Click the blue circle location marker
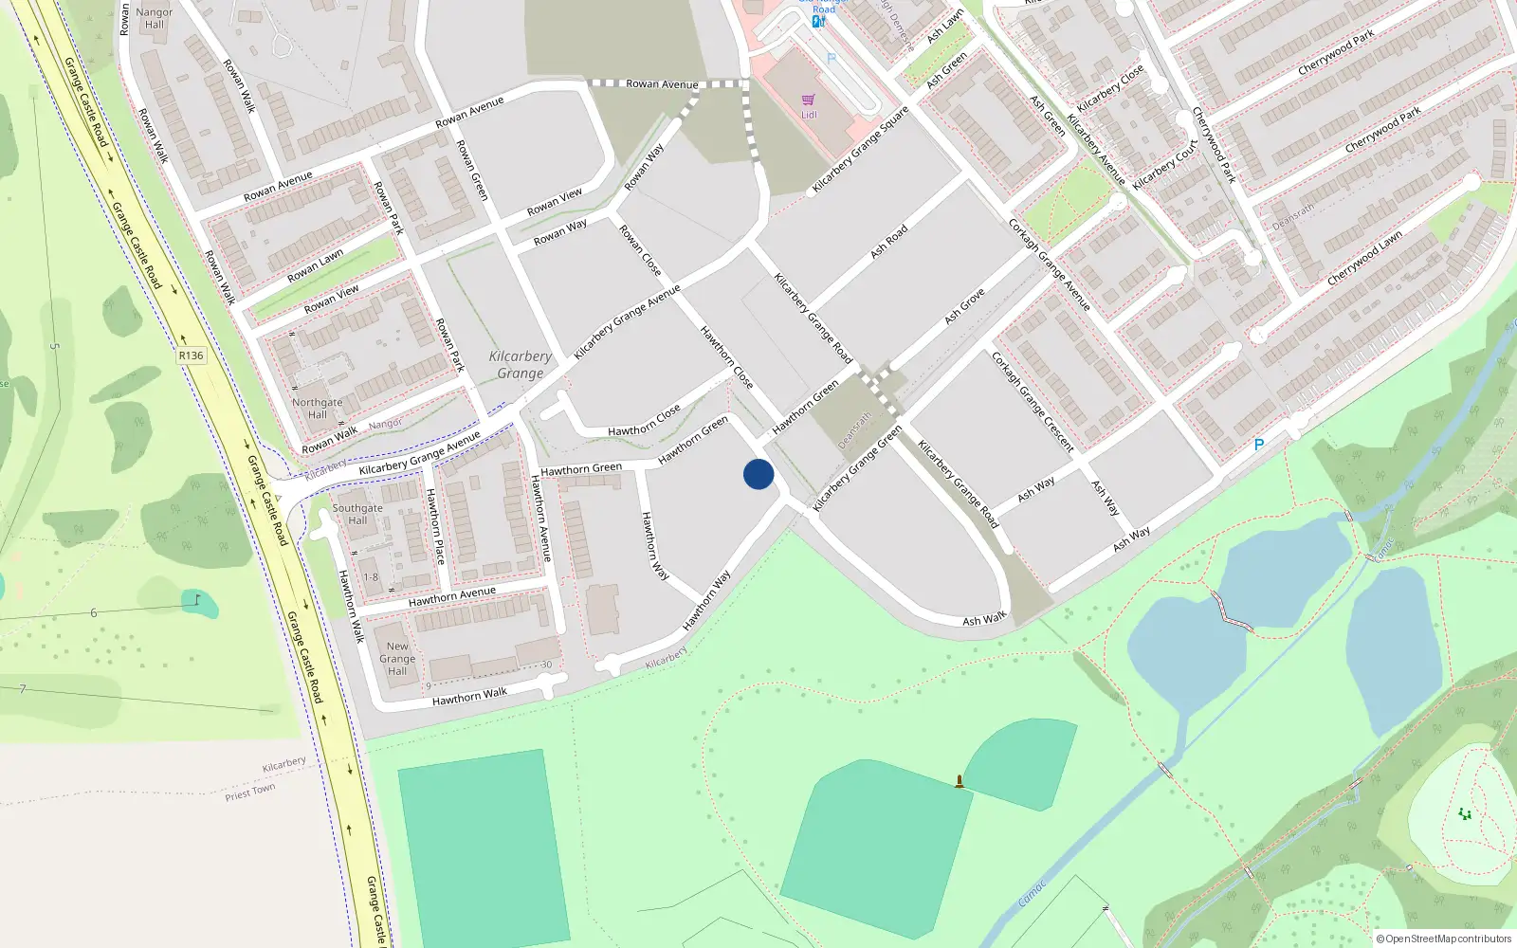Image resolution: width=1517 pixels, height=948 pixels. click(x=758, y=474)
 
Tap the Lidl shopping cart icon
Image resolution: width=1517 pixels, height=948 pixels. click(x=808, y=100)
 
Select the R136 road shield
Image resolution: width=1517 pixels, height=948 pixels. click(x=191, y=355)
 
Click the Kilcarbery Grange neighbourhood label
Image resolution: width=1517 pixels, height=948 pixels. click(x=520, y=365)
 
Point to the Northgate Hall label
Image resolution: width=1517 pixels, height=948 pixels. click(x=317, y=409)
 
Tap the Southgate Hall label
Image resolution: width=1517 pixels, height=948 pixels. click(x=357, y=514)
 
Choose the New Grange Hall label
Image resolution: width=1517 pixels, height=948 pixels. click(x=397, y=659)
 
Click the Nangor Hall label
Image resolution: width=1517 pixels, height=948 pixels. click(x=155, y=18)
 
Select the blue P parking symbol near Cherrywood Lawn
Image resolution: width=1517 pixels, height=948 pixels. click(x=1259, y=445)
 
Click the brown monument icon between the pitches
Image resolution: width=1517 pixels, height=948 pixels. click(x=960, y=781)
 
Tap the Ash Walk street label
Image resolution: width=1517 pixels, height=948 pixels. click(x=984, y=620)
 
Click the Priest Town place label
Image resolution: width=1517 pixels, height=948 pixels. click(x=250, y=792)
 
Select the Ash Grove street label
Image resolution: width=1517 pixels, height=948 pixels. click(x=964, y=306)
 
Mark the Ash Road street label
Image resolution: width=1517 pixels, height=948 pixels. click(x=889, y=242)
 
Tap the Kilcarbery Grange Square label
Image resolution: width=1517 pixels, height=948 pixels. click(x=860, y=150)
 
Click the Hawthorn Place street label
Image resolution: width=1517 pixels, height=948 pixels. click(x=435, y=526)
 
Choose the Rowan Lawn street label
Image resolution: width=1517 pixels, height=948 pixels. click(x=316, y=266)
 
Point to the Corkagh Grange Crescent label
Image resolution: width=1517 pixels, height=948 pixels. click(x=1033, y=402)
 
